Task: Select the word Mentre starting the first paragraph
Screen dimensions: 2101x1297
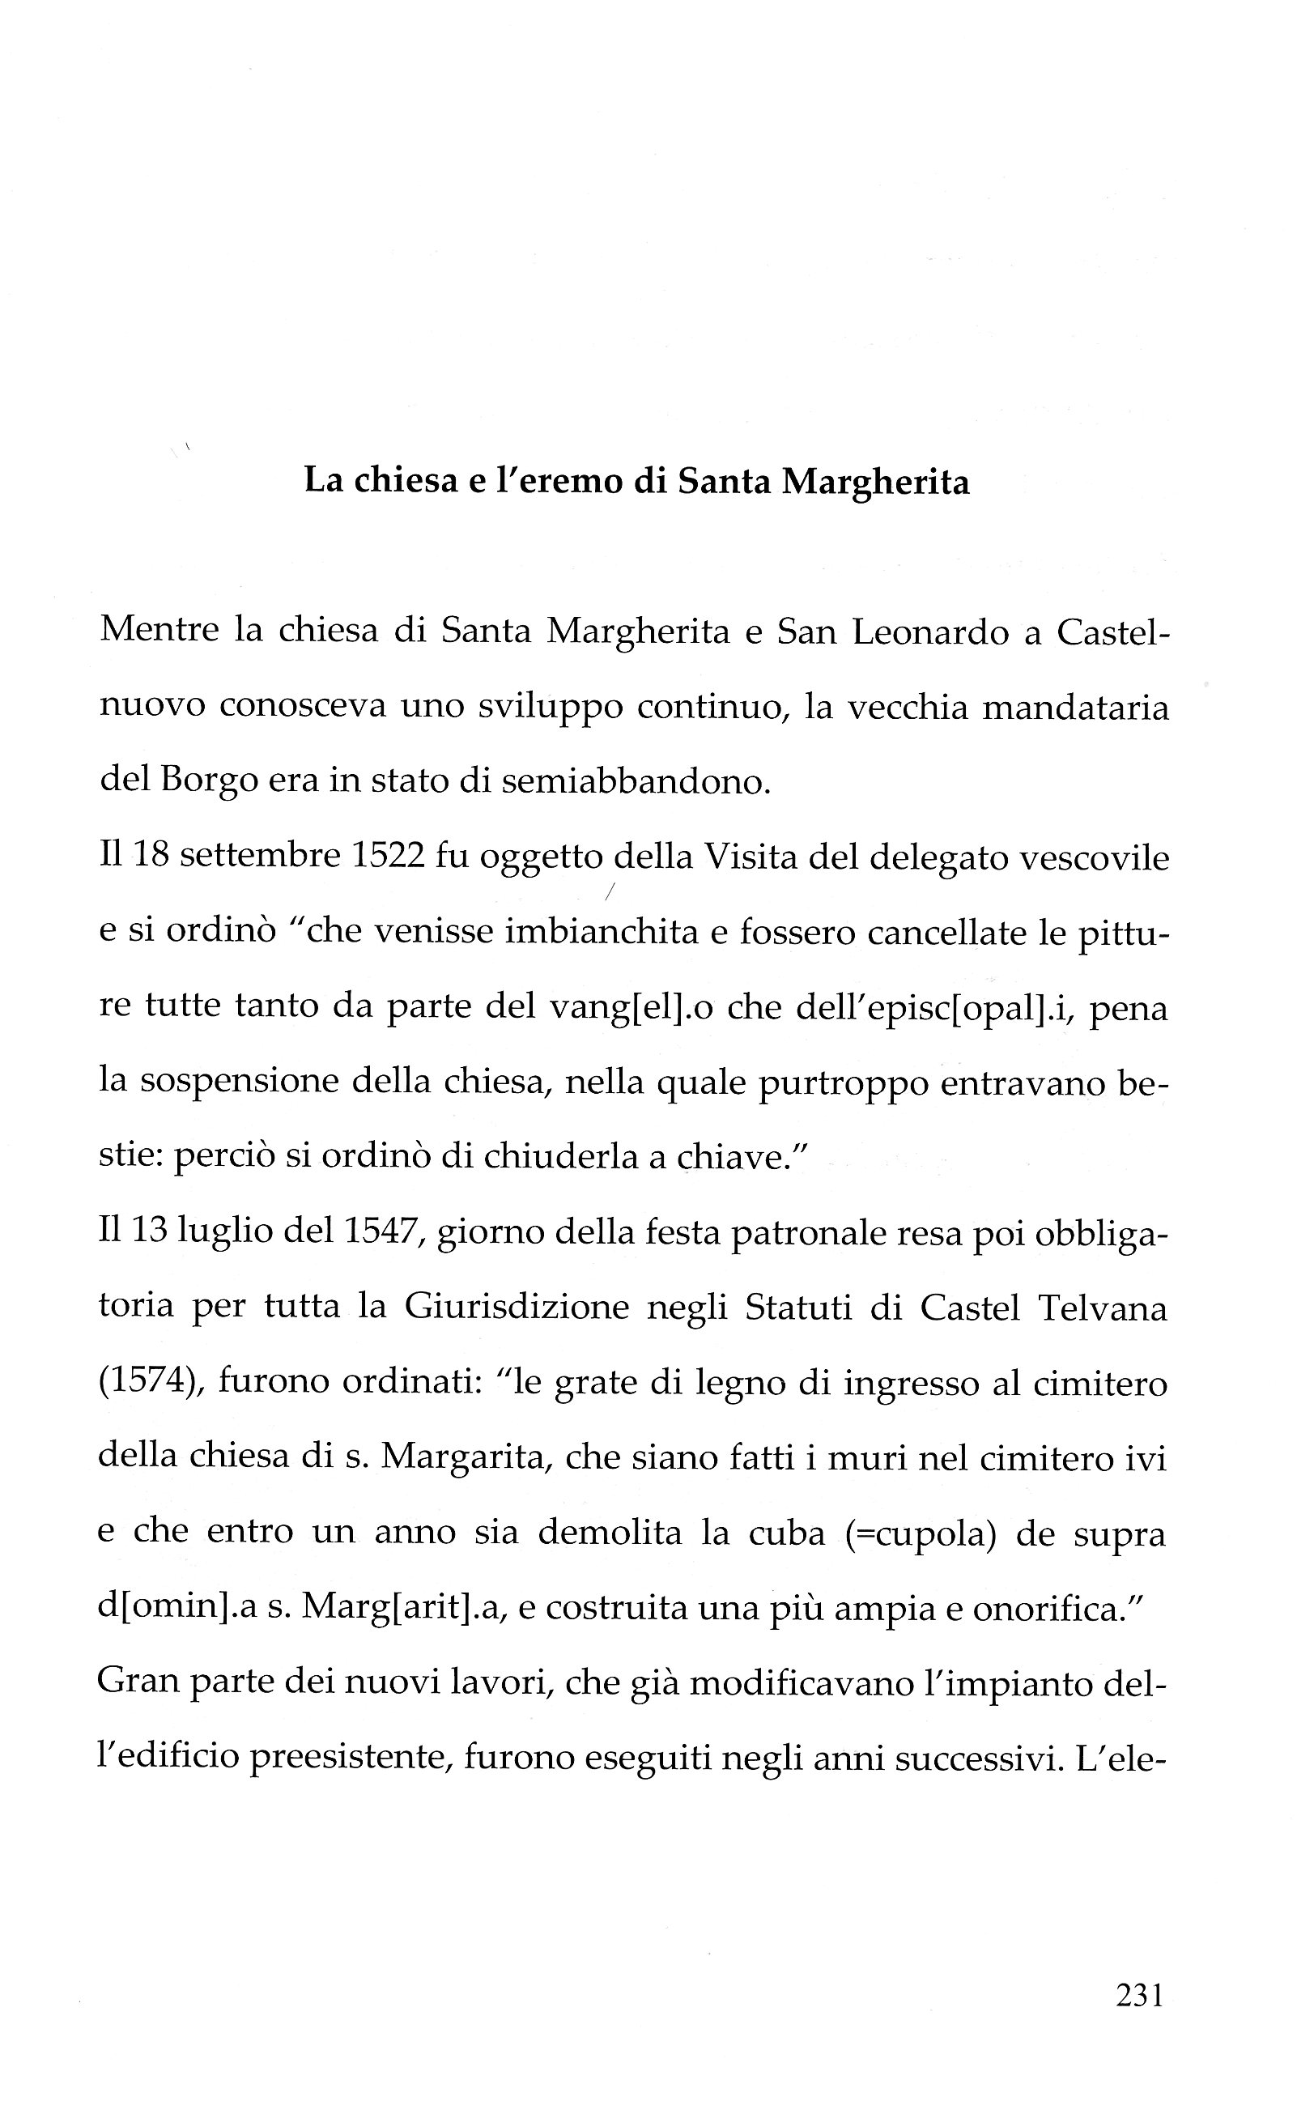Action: (158, 632)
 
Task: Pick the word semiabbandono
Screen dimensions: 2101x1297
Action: (636, 782)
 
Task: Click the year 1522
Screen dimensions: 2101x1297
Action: (389, 857)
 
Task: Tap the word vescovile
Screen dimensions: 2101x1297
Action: (1089, 857)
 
